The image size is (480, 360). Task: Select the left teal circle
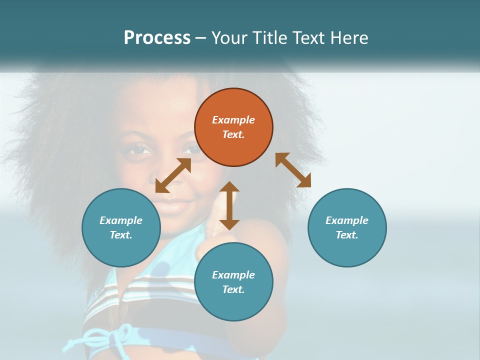pos(121,227)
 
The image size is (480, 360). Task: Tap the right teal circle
pos(347,227)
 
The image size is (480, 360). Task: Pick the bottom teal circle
pos(233,282)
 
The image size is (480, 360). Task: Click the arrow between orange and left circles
pos(173,175)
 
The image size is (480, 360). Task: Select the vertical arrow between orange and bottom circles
pos(229,205)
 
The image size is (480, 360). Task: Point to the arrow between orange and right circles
pos(293,170)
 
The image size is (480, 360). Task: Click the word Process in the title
pos(157,37)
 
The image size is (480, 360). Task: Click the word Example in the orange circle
pos(233,120)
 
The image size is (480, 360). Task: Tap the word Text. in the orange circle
pos(233,134)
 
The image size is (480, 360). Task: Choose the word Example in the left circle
pos(121,220)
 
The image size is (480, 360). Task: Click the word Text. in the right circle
pos(347,235)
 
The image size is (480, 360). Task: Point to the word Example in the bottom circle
pos(233,275)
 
